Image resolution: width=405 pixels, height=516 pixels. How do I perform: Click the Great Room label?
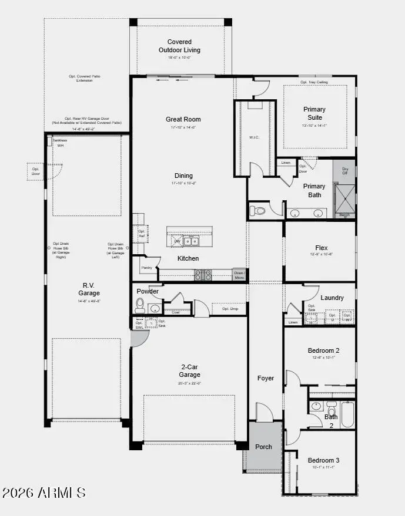click(183, 119)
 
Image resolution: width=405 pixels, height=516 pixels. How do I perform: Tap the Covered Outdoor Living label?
click(179, 46)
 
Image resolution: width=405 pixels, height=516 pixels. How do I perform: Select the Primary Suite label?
click(314, 113)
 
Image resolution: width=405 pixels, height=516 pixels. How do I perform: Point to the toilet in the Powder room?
click(140, 304)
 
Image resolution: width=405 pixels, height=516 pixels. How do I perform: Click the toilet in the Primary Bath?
click(257, 210)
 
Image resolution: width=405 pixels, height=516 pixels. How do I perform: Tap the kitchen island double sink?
click(191, 241)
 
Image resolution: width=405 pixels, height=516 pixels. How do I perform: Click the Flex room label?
click(321, 248)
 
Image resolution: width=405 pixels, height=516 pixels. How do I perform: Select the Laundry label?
click(332, 298)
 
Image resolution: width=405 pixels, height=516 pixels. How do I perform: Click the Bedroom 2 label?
click(323, 350)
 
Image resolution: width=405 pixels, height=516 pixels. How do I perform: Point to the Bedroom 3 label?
click(323, 460)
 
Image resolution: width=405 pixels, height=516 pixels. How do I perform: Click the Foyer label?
click(266, 378)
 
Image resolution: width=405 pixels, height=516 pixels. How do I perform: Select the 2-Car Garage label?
click(189, 371)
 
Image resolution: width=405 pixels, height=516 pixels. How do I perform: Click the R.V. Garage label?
click(89, 289)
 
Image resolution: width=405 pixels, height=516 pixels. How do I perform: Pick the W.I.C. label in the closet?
click(254, 138)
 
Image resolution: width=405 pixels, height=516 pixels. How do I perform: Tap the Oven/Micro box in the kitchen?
click(239, 275)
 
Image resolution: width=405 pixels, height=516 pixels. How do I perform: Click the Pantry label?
click(146, 268)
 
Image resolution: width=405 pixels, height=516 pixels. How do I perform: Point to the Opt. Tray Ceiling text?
click(314, 82)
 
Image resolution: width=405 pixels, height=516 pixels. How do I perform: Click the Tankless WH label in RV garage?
click(57, 143)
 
